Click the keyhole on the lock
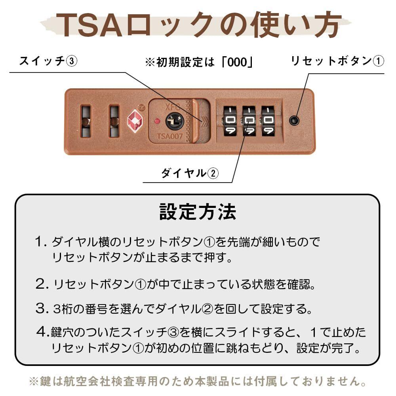click(175, 121)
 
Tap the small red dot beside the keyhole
click(157, 121)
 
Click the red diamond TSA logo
click(135, 121)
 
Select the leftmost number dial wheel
click(230, 121)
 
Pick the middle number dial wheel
click(249, 121)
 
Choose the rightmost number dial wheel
click(268, 121)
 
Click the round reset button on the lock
click(294, 120)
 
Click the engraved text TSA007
click(170, 136)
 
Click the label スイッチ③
click(48, 61)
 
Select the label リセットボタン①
click(337, 61)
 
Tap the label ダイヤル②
click(190, 173)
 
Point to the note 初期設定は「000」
click(199, 62)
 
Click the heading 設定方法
click(198, 212)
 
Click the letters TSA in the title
click(89, 25)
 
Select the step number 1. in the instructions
click(41, 242)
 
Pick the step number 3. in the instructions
click(42, 308)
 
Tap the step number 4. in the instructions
click(42, 331)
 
